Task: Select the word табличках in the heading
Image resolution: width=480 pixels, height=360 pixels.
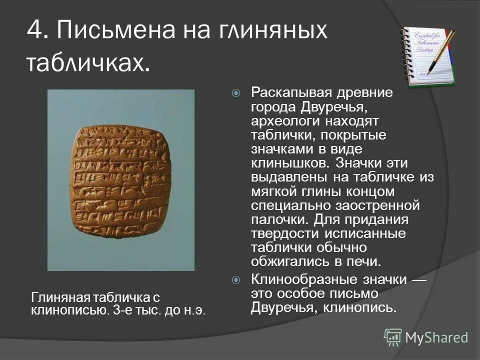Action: [x=87, y=63]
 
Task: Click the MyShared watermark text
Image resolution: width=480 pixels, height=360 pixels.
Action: [x=436, y=337]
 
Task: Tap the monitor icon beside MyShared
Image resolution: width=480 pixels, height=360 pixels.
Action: [x=392, y=337]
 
